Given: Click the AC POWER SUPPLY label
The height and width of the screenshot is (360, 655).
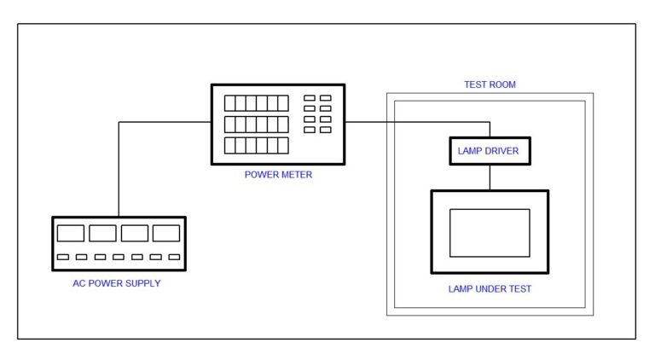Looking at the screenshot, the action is pos(117,283).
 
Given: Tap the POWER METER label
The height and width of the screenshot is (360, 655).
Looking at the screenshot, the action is pos(278,175).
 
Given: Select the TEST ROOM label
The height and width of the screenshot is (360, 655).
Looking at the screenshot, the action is pos(490,84).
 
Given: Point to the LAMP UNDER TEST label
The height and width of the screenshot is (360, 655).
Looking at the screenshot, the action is pos(490,289).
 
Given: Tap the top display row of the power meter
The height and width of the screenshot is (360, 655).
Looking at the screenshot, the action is pos(257,103).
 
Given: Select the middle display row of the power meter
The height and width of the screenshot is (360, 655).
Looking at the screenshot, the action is pos(257,125).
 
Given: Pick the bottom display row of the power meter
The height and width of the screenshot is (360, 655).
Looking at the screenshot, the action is pos(257,146).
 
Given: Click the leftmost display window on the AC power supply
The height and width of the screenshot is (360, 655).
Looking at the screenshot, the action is pos(71,234).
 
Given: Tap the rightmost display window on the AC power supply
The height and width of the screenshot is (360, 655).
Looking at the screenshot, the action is pos(166,234).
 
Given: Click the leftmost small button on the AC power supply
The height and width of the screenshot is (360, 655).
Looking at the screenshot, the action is pos(63,257).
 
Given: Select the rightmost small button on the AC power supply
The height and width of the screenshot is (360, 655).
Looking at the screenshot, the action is pos(174,257).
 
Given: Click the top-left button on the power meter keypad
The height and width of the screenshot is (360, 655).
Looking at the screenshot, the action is pos(310,98).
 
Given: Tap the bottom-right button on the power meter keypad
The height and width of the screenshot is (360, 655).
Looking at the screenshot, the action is pos(326,130).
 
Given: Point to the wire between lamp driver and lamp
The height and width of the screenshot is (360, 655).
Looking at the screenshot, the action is pos(490,177).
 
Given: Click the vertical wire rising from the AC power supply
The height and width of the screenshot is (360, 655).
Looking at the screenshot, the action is pos(119,169).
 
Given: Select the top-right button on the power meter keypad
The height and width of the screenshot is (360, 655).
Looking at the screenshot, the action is pos(326,98).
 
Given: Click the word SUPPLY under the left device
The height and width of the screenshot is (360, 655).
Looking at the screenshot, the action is pos(143,283).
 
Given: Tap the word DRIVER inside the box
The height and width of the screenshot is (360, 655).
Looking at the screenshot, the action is pos(502,151).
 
